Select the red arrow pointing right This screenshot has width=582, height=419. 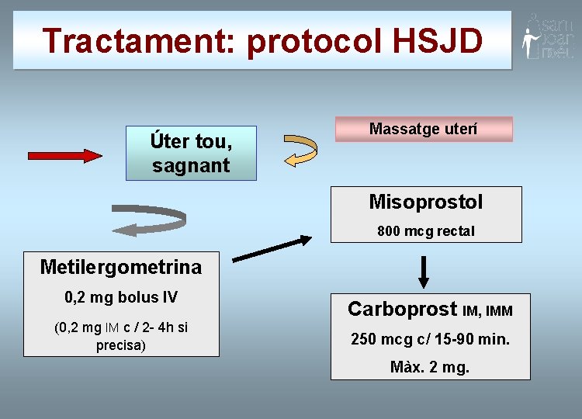65,155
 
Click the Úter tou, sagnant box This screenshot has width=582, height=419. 191,154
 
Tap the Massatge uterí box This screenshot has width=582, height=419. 423,129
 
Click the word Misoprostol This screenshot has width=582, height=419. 426,203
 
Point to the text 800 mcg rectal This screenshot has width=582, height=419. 426,231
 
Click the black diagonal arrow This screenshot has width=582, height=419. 272,248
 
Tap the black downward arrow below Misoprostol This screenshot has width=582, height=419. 424,272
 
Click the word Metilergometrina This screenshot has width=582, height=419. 120,268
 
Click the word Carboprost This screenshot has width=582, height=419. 402,309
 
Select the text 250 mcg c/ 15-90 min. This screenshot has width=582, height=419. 430,339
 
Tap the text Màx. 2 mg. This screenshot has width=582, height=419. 430,367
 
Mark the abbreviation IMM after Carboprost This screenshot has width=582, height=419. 499,311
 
